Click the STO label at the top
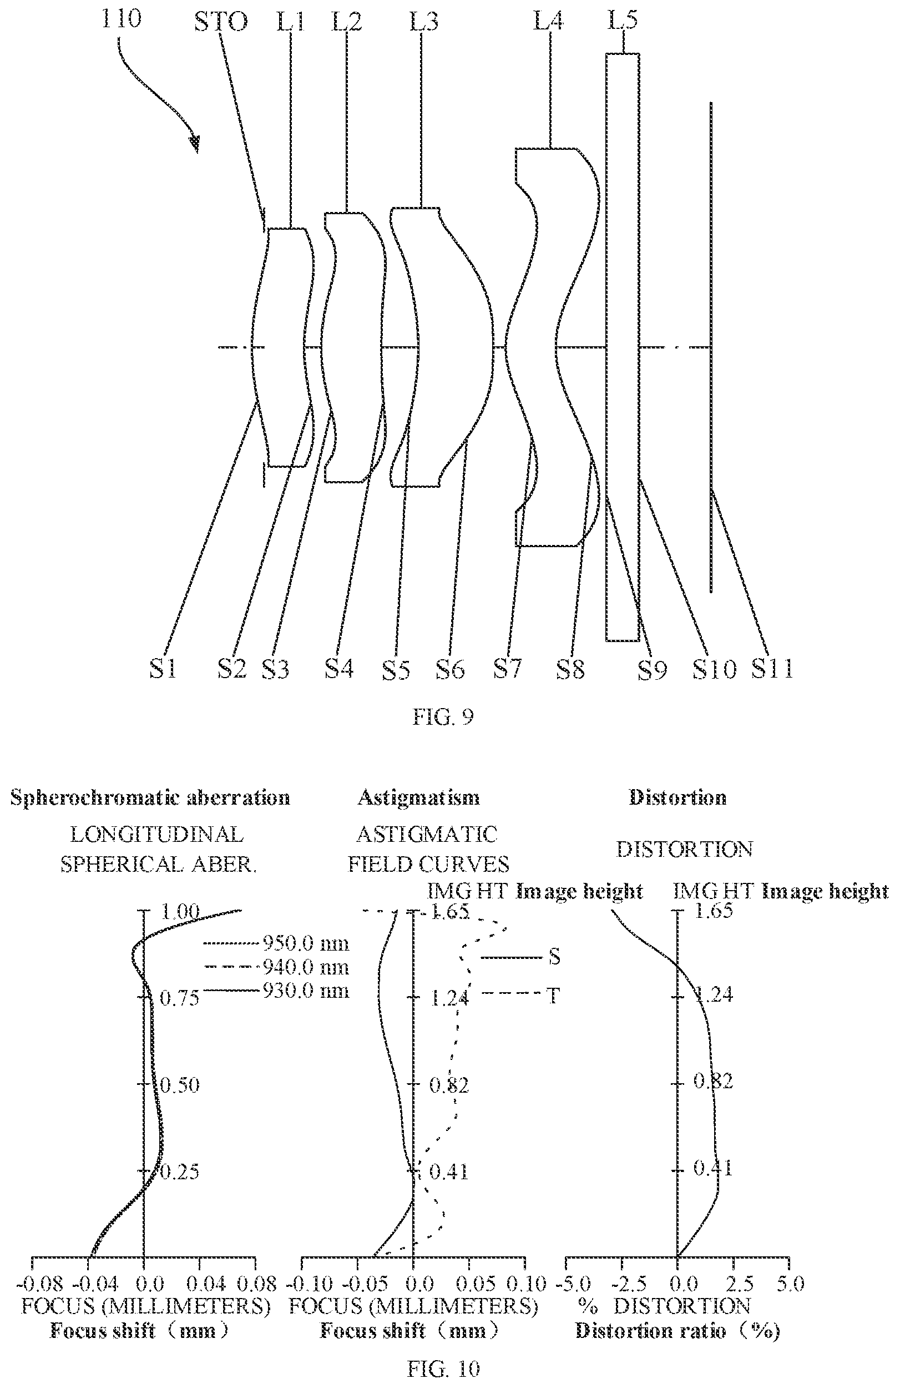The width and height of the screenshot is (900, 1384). (220, 22)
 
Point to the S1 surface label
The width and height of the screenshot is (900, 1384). (163, 669)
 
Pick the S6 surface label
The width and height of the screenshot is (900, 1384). (451, 669)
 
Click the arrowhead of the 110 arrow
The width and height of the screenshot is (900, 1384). (196, 144)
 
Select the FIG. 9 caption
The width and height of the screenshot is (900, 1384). (443, 717)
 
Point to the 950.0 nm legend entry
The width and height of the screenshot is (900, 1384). (306, 943)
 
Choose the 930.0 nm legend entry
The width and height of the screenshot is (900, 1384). (306, 991)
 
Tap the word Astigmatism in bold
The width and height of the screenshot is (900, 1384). (418, 797)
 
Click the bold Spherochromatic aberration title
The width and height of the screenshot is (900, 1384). (150, 797)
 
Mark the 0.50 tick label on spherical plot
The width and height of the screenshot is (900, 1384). (180, 1085)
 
